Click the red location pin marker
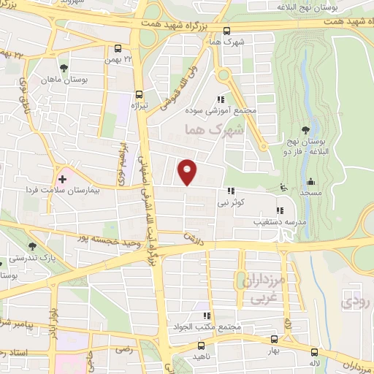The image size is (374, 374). (x=188, y=171)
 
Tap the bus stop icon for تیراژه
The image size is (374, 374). (x=140, y=93)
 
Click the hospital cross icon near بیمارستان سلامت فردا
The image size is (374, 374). (x=63, y=178)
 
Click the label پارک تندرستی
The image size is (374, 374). (x=27, y=258)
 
